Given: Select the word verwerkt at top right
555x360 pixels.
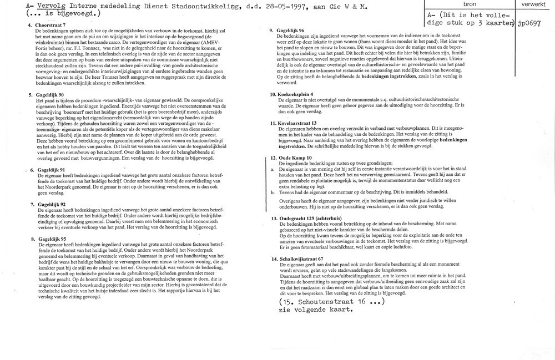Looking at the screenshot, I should click(531, 4).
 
